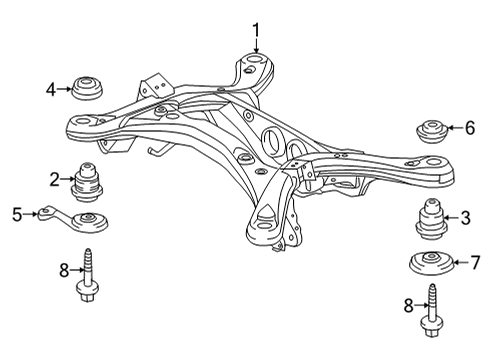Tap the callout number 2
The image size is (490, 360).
[x=54, y=180]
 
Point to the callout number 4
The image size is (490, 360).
[x=51, y=89]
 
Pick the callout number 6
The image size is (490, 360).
[x=469, y=128]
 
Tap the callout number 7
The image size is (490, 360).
[x=474, y=264]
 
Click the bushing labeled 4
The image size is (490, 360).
[x=87, y=88]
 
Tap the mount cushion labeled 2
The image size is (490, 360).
[x=88, y=181]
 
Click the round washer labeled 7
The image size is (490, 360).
[x=432, y=266]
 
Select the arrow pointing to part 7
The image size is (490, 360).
[x=459, y=264]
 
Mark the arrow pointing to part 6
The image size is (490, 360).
[x=455, y=128]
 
